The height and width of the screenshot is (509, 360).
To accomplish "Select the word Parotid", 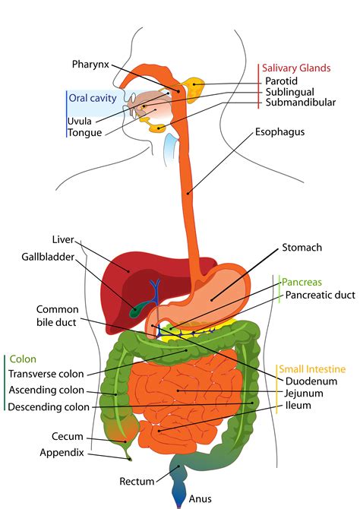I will pos(282,81).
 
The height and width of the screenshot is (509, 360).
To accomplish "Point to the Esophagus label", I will pos(280,131).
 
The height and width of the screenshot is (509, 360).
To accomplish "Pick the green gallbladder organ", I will pos(138,309).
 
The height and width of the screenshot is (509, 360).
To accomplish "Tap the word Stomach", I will pos(302,248).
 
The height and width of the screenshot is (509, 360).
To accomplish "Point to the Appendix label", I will pos(62,453).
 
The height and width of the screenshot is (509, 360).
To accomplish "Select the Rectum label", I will pos(137,482).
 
